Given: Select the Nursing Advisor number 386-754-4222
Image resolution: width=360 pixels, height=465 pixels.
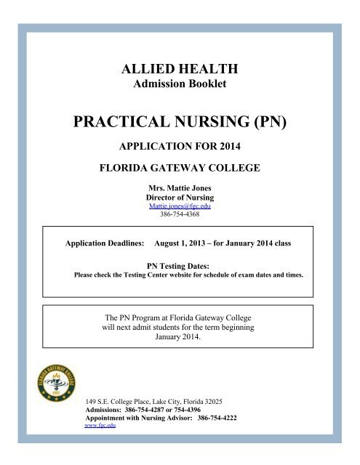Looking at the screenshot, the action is point(218,419).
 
